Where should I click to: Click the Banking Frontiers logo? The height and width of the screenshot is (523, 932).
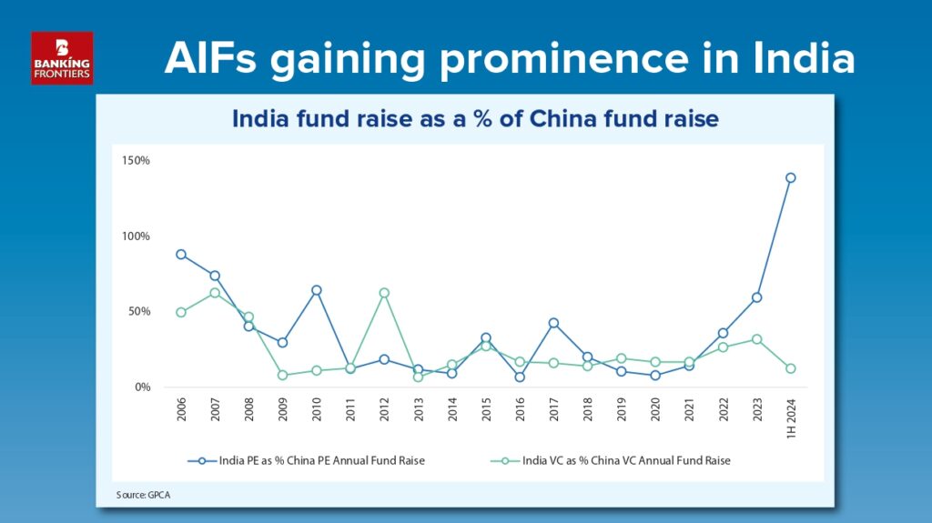coord(62,57)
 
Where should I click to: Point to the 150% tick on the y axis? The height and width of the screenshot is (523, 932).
coord(136,160)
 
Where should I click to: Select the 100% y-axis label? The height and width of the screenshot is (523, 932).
coord(136,236)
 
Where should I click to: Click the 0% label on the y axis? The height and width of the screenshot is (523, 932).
coord(143,387)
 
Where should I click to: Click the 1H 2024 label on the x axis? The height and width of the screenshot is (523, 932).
coord(791,419)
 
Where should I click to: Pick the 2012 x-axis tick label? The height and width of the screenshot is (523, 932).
coord(384,409)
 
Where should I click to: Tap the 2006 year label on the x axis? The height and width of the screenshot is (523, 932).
coord(181,409)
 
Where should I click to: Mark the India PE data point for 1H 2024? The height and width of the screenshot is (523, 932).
coord(791,177)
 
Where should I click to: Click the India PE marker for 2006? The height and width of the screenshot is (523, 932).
coord(181,255)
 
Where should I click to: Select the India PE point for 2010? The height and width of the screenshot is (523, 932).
coord(317,291)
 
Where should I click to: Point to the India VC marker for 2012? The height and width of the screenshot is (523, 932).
coord(384,293)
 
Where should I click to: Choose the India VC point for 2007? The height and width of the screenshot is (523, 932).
coord(215,293)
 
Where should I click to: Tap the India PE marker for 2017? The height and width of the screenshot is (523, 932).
coord(553,323)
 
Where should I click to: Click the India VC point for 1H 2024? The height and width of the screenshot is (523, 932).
coord(791,368)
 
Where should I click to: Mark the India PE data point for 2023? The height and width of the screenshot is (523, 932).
coord(756,297)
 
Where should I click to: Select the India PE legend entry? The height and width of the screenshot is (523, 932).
coord(306,460)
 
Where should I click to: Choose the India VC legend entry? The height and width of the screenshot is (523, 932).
coord(611,460)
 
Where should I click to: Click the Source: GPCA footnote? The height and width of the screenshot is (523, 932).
coord(143,495)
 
